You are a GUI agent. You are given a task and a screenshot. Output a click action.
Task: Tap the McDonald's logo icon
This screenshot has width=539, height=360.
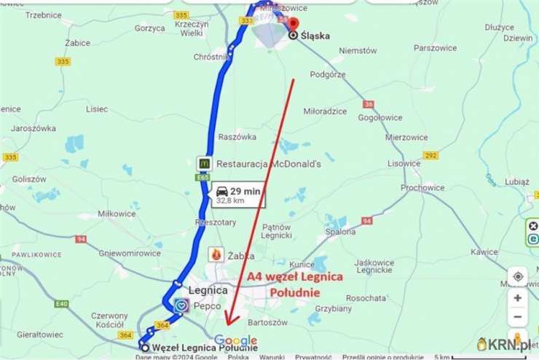pos(204,163)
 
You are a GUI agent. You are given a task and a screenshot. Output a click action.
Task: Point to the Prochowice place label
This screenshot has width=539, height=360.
pos(422,188)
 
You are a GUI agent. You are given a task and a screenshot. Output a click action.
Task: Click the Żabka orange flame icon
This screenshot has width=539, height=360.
pos(216,254)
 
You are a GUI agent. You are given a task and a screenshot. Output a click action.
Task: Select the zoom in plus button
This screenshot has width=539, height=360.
pos(518,298)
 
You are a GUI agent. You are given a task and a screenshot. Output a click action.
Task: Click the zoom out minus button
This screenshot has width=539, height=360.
pos(518,318)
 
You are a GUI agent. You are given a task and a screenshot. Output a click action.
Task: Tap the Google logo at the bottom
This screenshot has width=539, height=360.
pos(235,340)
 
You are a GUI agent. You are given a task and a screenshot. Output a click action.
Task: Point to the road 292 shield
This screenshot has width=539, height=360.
pos(430,155)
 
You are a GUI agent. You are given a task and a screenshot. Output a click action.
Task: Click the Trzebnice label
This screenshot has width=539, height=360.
pos(43,15)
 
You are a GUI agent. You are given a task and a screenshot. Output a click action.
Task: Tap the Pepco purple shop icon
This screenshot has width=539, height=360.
pos(181,306)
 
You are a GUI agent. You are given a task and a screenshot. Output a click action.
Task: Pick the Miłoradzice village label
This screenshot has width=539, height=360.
pos(325,111)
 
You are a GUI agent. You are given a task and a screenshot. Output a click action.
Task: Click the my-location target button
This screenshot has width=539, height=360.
pos(518,277)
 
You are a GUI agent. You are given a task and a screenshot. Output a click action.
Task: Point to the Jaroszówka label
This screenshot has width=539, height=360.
pos(34,128)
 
